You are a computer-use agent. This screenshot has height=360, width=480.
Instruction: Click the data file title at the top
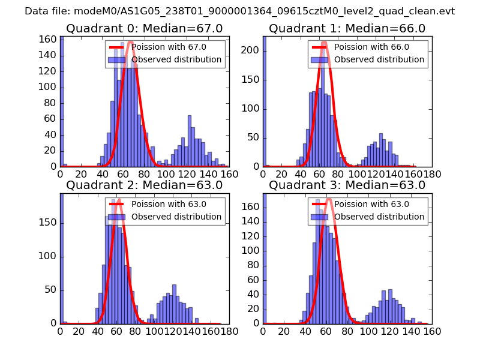pyautogui.click(x=240, y=11)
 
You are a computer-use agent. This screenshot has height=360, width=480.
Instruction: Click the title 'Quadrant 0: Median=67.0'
pyautogui.click(x=144, y=29)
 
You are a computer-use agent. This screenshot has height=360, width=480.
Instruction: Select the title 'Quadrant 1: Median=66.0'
pyautogui.click(x=347, y=29)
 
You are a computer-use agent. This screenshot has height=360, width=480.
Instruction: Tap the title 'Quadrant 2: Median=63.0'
pyautogui.click(x=144, y=185)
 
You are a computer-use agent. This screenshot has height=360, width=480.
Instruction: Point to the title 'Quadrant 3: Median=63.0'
pyautogui.click(x=347, y=185)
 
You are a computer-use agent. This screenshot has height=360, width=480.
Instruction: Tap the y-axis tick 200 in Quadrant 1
pyautogui.click(x=252, y=50)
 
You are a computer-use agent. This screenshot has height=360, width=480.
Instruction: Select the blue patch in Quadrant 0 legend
pyautogui.click(x=117, y=60)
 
